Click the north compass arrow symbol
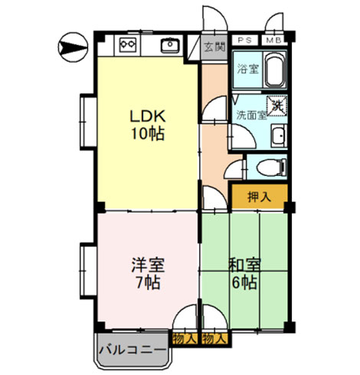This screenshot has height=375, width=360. click(73, 47)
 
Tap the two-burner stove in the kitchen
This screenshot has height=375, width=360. click(128, 44)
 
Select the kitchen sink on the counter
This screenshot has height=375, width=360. click(170, 45)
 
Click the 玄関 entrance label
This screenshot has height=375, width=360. click(215, 47)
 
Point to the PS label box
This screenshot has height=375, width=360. click(244, 41)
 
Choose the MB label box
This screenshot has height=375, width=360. click(274, 41)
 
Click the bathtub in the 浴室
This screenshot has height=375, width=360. click(275, 70)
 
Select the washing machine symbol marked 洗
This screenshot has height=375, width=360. click(277, 106)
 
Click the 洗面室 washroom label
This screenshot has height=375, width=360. click(251, 116)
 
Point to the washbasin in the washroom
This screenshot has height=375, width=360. click(278, 135)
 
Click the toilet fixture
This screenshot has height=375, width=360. click(272, 168)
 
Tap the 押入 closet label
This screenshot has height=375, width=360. click(260, 197)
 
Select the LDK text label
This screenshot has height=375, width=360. click(148, 116)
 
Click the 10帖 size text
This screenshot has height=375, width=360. click(148, 134)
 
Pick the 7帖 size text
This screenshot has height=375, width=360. click(148, 282)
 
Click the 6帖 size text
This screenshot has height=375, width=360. click(244, 282)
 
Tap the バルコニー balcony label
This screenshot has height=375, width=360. click(133, 350)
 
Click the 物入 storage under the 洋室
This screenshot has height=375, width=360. click(185, 339)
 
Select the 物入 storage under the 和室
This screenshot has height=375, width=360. click(214, 339)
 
